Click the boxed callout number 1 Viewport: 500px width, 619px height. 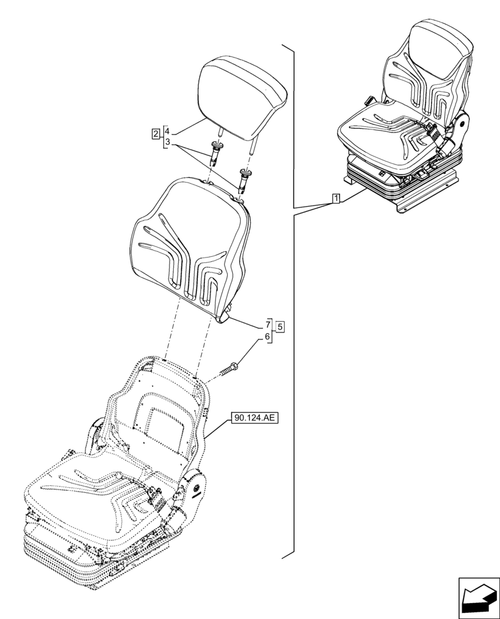click(335, 199)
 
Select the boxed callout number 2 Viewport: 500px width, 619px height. click(155, 132)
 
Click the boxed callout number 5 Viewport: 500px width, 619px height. click(280, 326)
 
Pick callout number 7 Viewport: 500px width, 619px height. click(268, 324)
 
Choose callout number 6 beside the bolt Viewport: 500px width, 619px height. click(268, 337)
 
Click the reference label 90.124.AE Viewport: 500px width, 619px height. click(254, 418)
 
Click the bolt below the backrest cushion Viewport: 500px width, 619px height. click(231, 370)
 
